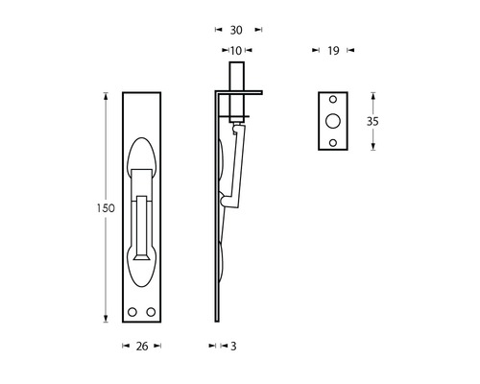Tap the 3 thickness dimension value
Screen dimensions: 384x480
pos(233,347)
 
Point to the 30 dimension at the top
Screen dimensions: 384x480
pos(235,30)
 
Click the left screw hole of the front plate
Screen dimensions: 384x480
pos(132,313)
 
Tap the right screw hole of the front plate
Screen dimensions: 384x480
pos(150,313)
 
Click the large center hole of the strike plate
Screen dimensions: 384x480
pos(332,121)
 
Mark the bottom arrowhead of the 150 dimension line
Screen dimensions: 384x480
pos(104,324)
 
